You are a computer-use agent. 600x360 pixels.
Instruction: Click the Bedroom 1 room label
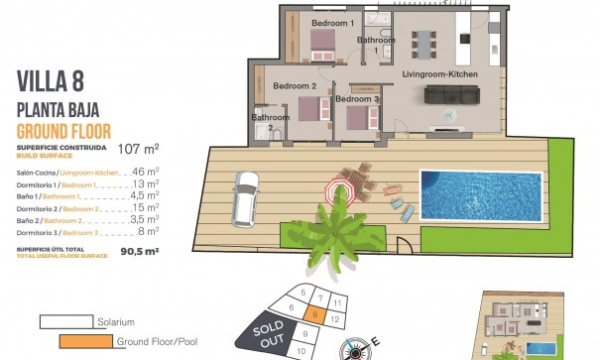[332, 22]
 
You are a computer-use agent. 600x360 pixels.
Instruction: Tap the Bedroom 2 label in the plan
[294, 86]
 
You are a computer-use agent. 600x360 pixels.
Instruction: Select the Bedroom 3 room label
[357, 99]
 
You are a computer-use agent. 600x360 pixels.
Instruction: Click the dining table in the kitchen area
[425, 44]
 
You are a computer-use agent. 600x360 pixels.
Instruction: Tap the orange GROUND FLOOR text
[63, 131]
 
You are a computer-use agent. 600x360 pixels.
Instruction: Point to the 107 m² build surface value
[139, 150]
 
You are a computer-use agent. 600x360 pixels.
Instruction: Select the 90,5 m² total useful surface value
[140, 252]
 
